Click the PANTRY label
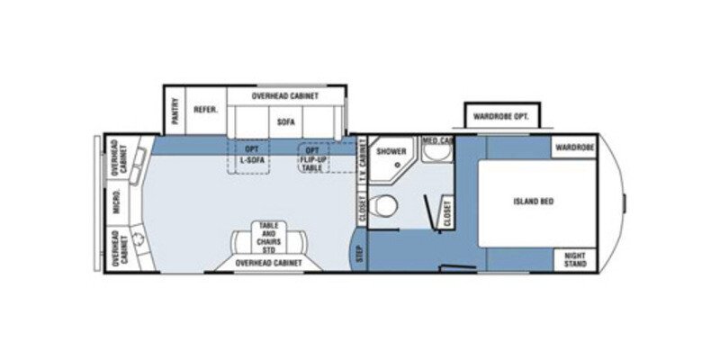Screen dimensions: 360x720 (x=175, y=112)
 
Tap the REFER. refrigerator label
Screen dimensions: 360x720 (x=202, y=111)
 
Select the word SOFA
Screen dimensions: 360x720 (x=286, y=121)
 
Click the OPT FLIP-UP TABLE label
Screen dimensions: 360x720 (x=312, y=158)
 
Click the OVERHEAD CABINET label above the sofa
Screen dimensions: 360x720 (x=283, y=94)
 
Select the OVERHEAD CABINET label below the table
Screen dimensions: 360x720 (x=268, y=263)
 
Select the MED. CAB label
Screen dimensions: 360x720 (x=437, y=142)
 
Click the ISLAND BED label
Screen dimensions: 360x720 (x=535, y=202)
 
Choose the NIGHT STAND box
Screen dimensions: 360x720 (x=575, y=259)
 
